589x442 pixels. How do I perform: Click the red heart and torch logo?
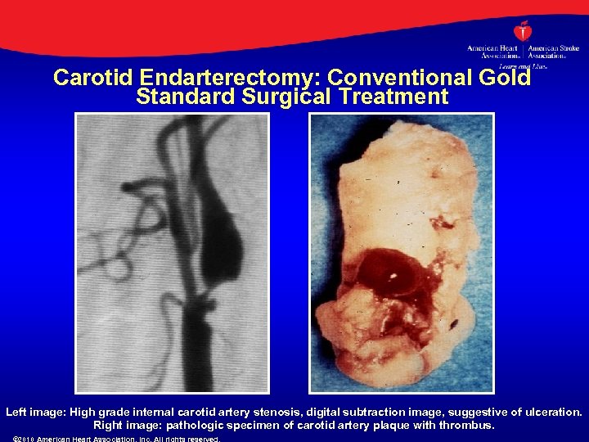[523, 32]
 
